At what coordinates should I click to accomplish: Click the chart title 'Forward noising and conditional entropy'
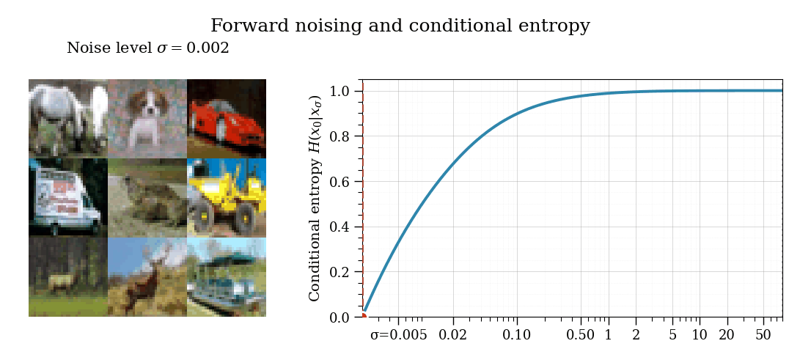point(400,26)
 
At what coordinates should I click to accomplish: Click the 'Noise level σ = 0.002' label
point(148,48)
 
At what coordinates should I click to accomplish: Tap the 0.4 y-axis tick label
point(341,227)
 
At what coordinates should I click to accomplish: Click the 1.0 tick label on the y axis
point(341,91)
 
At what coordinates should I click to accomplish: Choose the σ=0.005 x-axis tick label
point(398,335)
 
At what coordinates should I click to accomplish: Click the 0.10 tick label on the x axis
point(516,335)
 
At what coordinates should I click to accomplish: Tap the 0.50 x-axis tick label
point(580,335)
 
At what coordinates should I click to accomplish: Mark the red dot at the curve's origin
point(363,316)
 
